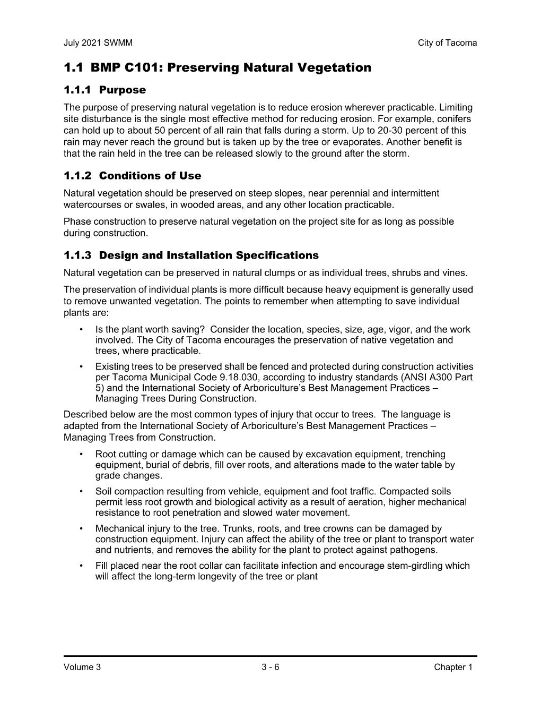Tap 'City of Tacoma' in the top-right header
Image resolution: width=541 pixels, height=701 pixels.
pos(447,43)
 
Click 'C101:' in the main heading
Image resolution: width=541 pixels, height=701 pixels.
pos(145,68)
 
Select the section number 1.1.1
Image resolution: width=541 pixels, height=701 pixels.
pos(77,90)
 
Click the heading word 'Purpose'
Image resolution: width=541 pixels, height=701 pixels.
pos(122,90)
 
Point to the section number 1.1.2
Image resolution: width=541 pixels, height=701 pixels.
pos(77,176)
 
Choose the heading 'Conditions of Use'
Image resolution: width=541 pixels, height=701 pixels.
pos(150,176)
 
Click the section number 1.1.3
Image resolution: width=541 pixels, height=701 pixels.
pos(77,255)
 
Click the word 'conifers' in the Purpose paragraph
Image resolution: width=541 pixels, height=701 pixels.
pos(454,119)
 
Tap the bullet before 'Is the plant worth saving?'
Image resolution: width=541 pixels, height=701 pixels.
pos(81,330)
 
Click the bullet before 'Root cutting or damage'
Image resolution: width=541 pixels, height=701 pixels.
pos(81,455)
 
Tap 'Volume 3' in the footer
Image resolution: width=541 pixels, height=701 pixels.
pos(82,668)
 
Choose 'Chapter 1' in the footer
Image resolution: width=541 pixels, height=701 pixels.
pos(452,668)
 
